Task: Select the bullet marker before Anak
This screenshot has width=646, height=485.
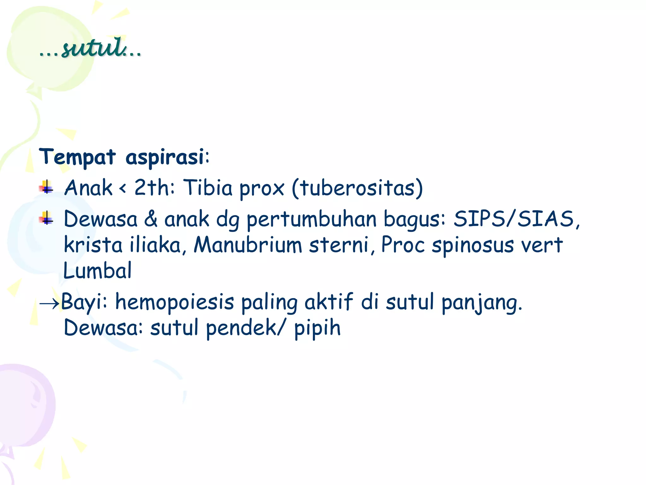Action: [46, 187]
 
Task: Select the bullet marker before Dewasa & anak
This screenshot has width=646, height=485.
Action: [46, 218]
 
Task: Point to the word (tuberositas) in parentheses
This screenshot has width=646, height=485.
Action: [357, 188]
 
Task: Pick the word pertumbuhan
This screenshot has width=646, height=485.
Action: [311, 219]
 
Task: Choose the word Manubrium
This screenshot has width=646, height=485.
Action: [248, 245]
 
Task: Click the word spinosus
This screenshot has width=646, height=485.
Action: [473, 245]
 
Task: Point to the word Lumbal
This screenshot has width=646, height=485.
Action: [97, 271]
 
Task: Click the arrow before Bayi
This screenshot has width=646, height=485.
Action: [49, 303]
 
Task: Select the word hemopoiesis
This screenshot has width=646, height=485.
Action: [174, 302]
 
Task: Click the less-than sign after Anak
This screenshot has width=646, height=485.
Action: [123, 189]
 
